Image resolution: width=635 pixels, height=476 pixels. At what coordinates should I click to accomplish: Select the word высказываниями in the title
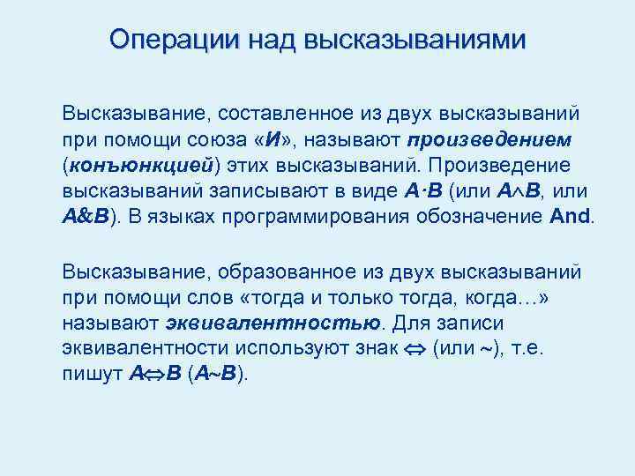414,40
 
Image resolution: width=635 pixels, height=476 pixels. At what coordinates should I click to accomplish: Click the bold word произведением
490,140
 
